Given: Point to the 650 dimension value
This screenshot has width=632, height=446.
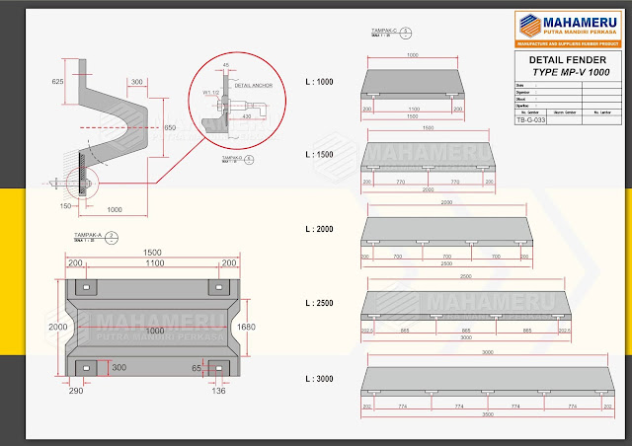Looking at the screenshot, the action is click(170, 128).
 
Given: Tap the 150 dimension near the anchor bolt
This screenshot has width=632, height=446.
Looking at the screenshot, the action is click(65, 205).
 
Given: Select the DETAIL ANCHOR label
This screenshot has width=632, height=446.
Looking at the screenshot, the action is click(254, 86).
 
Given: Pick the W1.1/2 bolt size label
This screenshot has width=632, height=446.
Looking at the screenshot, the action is click(212, 94).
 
